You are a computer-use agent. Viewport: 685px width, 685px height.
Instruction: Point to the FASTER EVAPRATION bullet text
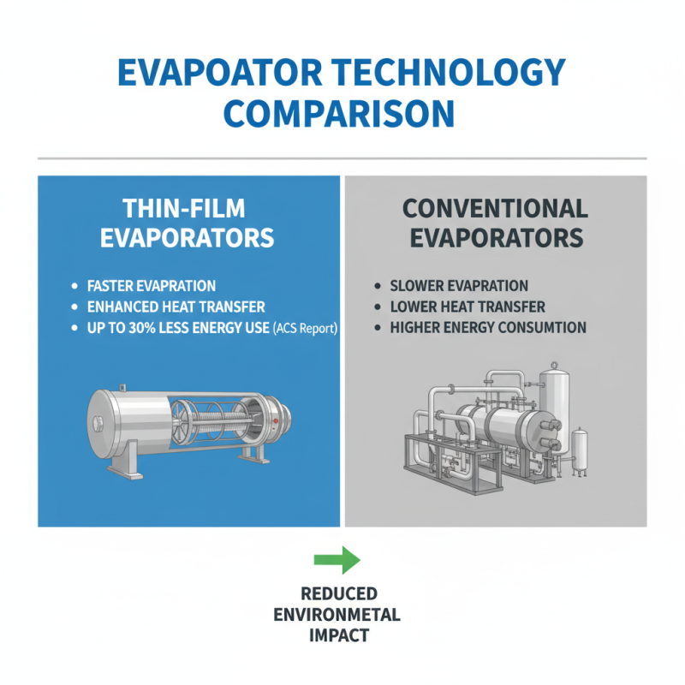tap(152, 285)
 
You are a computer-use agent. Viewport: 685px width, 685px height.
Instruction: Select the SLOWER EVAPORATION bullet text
tap(459, 285)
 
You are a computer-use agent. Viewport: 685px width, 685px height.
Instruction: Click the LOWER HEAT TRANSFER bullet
tap(467, 307)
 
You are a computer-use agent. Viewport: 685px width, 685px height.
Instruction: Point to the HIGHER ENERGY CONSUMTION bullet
tap(488, 327)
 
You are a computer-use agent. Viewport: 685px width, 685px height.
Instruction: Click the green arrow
tap(338, 559)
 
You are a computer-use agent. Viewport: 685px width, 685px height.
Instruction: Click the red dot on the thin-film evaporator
tap(276, 422)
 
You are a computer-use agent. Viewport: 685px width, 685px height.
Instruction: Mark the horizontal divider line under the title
tap(342, 158)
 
